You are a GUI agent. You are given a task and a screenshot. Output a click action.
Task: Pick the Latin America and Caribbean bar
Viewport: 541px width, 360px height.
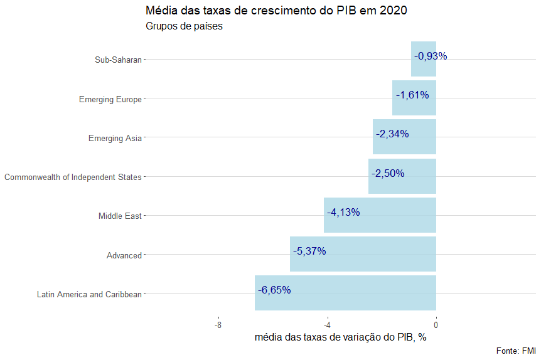[x=345, y=293]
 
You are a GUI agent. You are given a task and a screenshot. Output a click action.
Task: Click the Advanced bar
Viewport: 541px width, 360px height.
[x=363, y=254]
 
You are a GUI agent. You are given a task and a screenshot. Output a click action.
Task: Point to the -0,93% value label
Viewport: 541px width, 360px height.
[x=431, y=56]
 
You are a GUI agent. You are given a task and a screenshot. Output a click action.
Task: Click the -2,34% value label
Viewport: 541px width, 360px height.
[x=392, y=134]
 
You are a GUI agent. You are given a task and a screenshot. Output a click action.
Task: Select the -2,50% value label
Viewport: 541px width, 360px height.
[x=388, y=173]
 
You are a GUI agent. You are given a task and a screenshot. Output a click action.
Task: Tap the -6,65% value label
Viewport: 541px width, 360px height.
[x=274, y=290]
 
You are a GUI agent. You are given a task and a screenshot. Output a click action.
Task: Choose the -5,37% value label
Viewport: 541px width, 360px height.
[x=309, y=251]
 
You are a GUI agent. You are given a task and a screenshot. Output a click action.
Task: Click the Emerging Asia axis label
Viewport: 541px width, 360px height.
[x=115, y=138]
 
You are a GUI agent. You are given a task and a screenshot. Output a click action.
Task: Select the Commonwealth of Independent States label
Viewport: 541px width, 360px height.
[x=73, y=177]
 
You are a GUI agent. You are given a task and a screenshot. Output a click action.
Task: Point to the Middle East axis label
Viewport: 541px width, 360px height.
[x=120, y=216]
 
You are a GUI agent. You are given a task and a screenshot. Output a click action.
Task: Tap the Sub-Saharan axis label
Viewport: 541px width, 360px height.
[x=118, y=60]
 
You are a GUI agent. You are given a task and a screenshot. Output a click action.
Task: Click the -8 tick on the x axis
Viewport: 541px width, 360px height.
[x=218, y=325]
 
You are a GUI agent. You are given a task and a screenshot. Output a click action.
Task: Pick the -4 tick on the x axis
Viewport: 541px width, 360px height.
[x=327, y=325]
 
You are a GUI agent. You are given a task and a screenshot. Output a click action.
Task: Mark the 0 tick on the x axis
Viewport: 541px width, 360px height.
[x=436, y=325]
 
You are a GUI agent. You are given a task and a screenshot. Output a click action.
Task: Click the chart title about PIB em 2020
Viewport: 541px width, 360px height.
[x=276, y=11]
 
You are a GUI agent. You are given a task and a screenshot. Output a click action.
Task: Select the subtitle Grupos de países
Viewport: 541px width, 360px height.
[x=184, y=26]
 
